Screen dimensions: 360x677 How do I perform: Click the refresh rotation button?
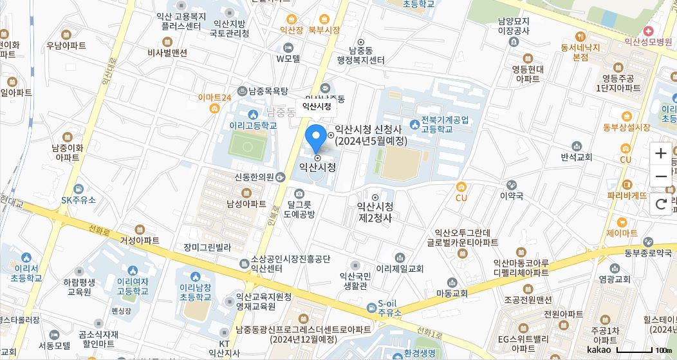(x=661, y=205)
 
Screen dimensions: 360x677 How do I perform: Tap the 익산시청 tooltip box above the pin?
(x=317, y=106)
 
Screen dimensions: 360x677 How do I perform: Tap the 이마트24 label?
(x=214, y=97)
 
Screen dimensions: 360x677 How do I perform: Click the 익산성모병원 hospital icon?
(x=648, y=31)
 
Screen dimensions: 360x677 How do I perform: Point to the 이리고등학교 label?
(x=253, y=126)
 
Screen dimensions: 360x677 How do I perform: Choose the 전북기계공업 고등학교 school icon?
(x=414, y=124)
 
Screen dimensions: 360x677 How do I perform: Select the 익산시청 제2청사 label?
(x=375, y=212)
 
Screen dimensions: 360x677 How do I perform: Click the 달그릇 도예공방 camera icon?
(x=299, y=193)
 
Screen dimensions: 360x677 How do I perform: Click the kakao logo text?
(x=598, y=350)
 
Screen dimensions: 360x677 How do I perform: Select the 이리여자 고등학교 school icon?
(x=133, y=270)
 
